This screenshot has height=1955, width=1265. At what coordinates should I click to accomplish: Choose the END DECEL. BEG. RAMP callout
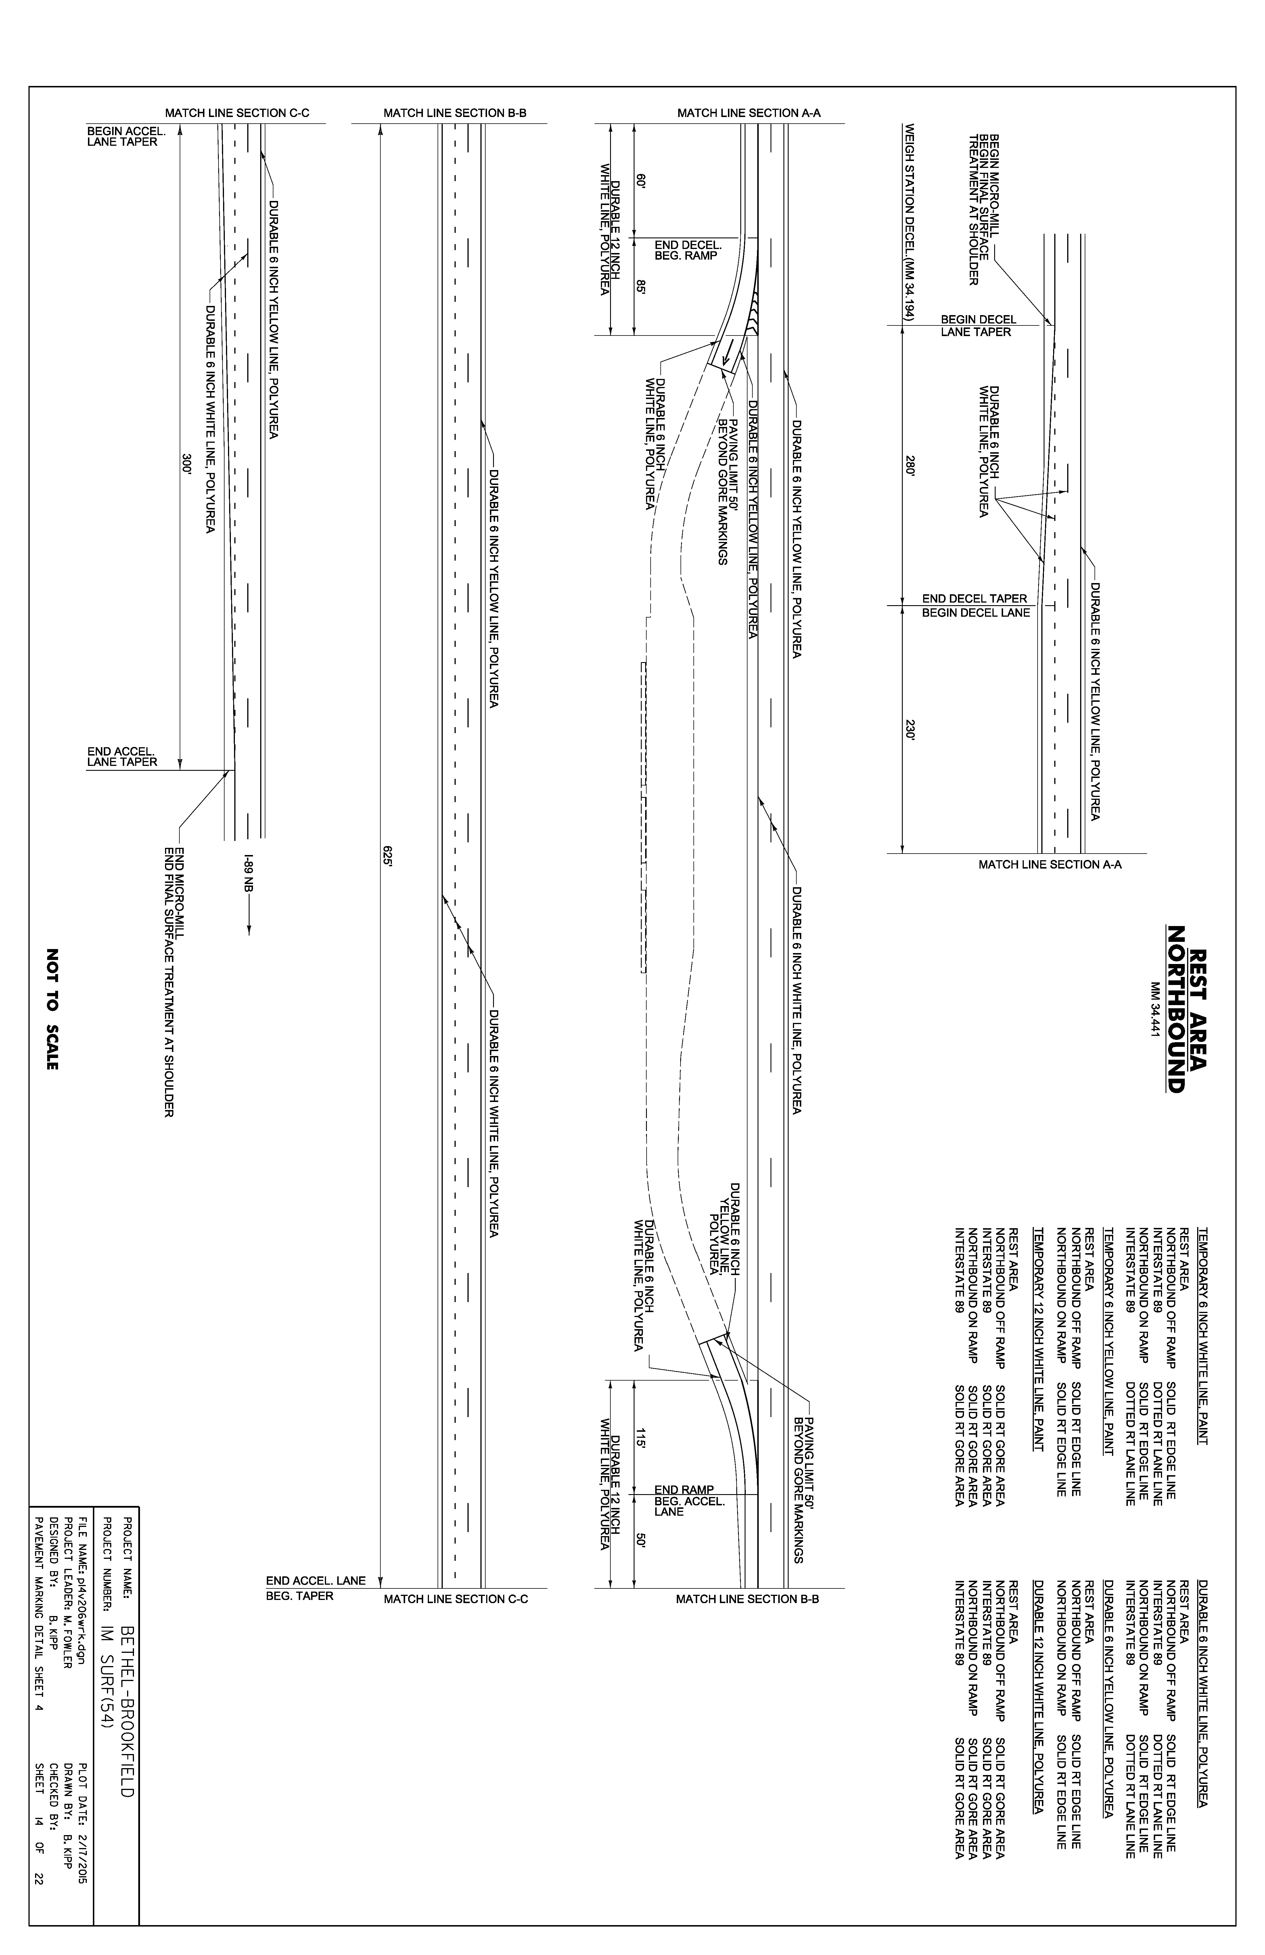pyautogui.click(x=687, y=250)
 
